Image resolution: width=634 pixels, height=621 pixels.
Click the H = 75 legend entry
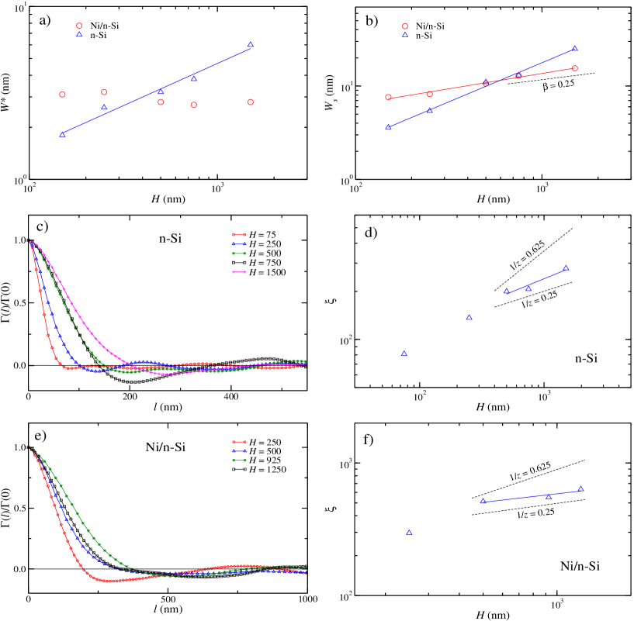pyautogui.click(x=258, y=234)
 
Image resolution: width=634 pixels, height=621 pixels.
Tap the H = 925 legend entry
pyautogui.click(x=258, y=461)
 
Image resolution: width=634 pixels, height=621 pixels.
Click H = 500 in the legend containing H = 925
pyautogui.click(x=258, y=451)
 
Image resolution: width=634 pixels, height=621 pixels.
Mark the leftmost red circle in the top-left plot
pyautogui.click(x=62, y=95)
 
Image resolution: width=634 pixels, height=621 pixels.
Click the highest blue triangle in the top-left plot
pyautogui.click(x=250, y=45)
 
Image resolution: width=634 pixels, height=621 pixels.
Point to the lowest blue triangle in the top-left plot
pyautogui.click(x=62, y=135)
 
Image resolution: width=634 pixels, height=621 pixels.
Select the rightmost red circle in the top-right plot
pyautogui.click(x=575, y=68)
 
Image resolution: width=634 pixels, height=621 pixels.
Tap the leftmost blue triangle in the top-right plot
pyautogui.click(x=388, y=127)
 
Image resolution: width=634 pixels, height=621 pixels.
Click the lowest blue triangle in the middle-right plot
pyautogui.click(x=404, y=354)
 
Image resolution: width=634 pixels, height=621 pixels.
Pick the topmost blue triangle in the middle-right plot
pyautogui.click(x=566, y=268)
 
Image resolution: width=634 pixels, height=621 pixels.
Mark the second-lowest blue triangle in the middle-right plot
pyautogui.click(x=469, y=318)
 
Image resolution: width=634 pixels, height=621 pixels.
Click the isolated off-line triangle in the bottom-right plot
pyautogui.click(x=409, y=533)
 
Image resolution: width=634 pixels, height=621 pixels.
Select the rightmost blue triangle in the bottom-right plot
pyautogui.click(x=580, y=489)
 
